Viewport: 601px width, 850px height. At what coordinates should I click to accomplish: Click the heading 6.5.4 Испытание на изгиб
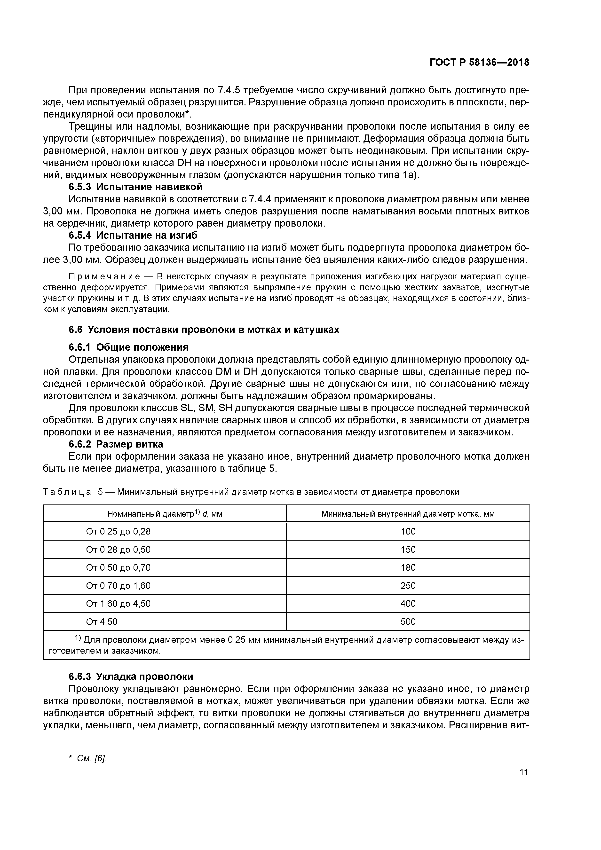pos(133,236)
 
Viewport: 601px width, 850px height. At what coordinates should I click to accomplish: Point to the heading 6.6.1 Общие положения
pos(128,347)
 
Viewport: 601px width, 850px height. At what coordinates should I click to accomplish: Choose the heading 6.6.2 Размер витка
pos(116,444)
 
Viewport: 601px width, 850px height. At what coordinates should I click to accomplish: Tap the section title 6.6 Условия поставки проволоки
pos(204,330)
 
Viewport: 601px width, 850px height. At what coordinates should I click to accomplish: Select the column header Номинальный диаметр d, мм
pos(165,514)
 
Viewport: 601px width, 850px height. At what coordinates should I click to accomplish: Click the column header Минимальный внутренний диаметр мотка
pos(408,514)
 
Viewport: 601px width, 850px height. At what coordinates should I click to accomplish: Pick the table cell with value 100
pos(408,532)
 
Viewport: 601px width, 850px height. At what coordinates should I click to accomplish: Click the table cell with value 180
pos(408,567)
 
